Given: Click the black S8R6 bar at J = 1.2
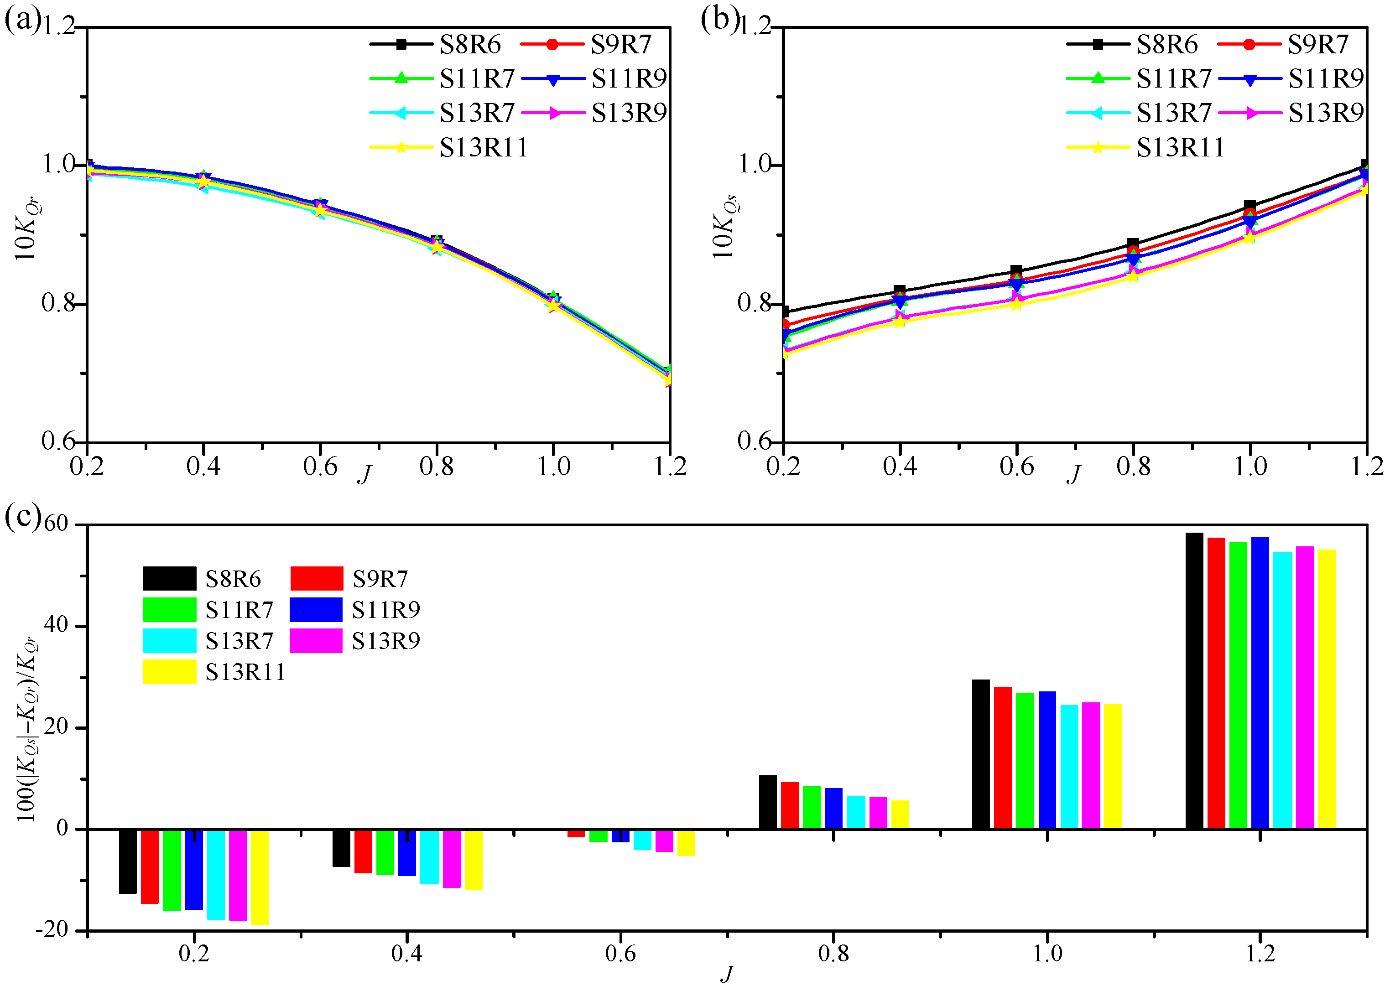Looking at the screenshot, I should [1194, 680].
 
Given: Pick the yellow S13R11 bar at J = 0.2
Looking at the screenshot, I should [260, 877].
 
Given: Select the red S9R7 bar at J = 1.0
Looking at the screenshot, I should [1002, 758].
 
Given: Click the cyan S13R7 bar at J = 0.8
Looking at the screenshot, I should [856, 812].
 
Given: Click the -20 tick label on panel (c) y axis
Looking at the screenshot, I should [52, 929].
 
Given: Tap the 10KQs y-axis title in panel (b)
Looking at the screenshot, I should [724, 227].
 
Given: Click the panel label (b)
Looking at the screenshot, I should [719, 20].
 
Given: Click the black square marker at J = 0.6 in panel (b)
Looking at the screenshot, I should [1016, 270].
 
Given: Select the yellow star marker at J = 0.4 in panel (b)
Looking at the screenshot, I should [900, 321].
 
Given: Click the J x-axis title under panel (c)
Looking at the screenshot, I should [726, 974].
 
